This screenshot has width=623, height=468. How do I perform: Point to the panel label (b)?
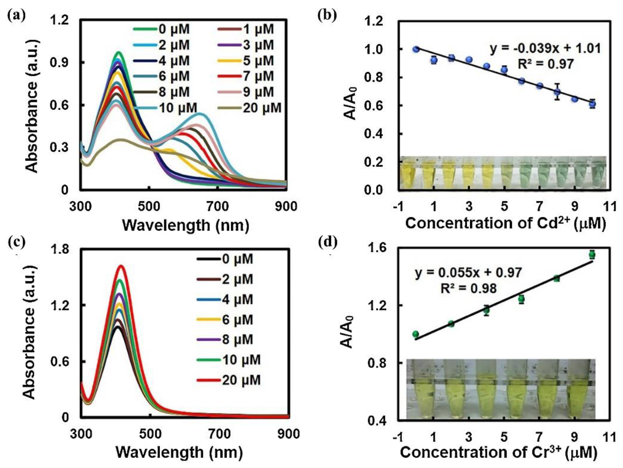[x=327, y=15]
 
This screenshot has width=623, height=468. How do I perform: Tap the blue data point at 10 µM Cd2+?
[x=592, y=104]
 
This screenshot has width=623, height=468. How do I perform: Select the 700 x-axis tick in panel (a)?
[x=217, y=207]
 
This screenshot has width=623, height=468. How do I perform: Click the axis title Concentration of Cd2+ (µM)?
[x=505, y=223]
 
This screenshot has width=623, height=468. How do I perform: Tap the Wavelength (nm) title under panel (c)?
[x=179, y=452]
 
